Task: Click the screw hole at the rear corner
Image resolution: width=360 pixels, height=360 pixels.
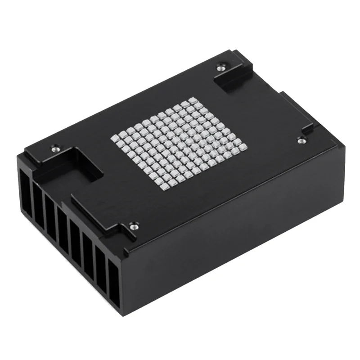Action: (220, 67)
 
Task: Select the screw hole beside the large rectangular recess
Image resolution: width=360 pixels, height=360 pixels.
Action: (56, 147)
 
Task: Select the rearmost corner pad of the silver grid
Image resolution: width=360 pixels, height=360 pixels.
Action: (193, 99)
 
